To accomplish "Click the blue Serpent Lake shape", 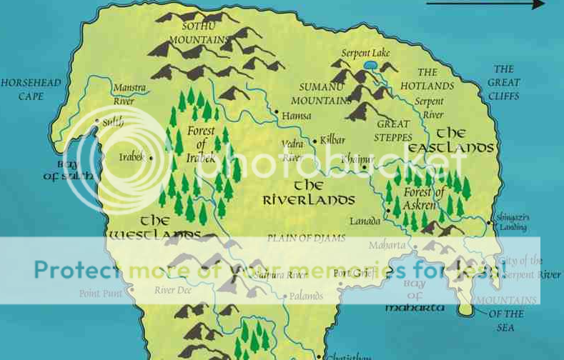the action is pos(370,65).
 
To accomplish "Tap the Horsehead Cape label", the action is pos(21,89).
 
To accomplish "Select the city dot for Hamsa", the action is pos(277,111).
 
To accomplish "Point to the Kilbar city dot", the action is pos(314,141).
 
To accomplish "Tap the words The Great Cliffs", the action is pos(504,82).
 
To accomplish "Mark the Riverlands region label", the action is pos(309,193).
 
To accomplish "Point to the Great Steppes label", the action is pos(394,130).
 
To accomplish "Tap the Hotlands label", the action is pos(427,79).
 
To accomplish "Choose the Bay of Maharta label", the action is pos(415,296).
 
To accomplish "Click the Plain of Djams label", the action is pos(306,238).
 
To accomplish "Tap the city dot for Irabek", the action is pos(151,158).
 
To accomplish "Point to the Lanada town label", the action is pos(365,221).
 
